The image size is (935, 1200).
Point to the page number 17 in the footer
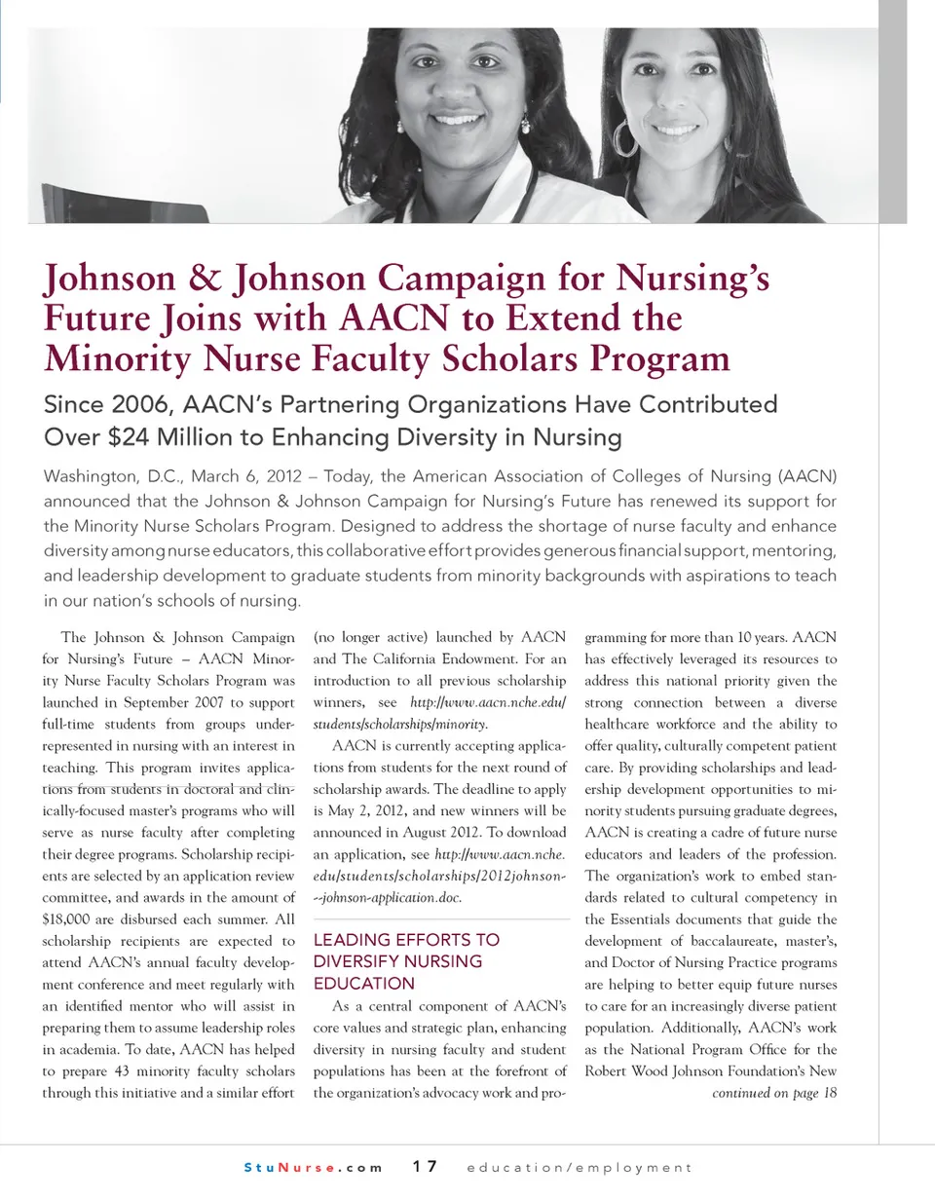(425, 1167)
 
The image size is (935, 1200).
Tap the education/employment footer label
(580, 1167)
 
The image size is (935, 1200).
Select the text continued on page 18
(774, 1092)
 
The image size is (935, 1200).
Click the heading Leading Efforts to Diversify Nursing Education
(406, 961)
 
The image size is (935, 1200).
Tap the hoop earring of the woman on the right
(624, 137)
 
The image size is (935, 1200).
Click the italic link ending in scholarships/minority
(399, 724)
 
